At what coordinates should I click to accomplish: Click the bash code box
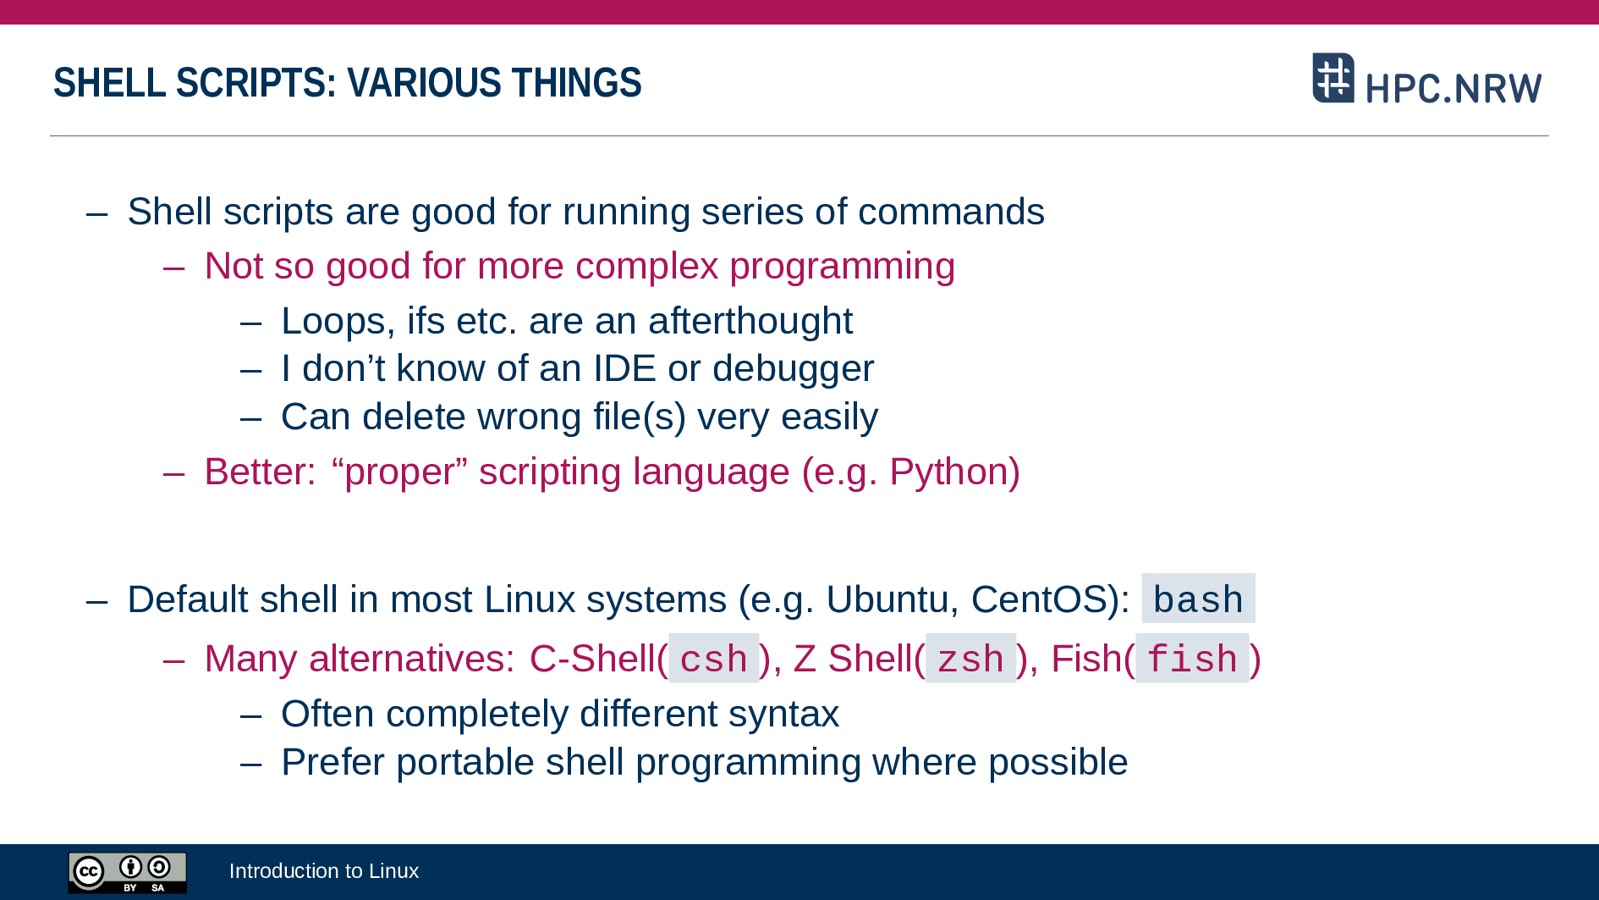pyautogui.click(x=1198, y=599)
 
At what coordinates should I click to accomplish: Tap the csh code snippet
pyautogui.click(x=714, y=658)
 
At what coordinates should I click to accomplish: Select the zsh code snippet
pyautogui.click(x=970, y=658)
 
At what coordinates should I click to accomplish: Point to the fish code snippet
pyautogui.click(x=1192, y=658)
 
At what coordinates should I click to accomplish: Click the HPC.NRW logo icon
pyautogui.click(x=1333, y=78)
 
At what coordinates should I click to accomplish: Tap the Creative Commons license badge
pyautogui.click(x=127, y=872)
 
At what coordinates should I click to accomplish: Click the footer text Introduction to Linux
pyautogui.click(x=324, y=870)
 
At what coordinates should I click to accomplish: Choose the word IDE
pyautogui.click(x=624, y=368)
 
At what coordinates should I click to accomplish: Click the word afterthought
pyautogui.click(x=750, y=321)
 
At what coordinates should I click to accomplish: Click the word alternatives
pyautogui.click(x=412, y=659)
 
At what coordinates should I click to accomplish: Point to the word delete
pyautogui.click(x=415, y=417)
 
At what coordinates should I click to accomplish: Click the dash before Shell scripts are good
pyautogui.click(x=97, y=213)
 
